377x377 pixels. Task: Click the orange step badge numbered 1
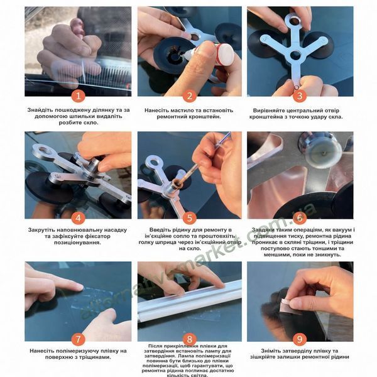click(78, 96)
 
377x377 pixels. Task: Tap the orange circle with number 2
click(190, 96)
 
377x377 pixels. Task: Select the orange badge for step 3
click(300, 96)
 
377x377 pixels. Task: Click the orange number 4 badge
click(78, 218)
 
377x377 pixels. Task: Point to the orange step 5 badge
click(190, 218)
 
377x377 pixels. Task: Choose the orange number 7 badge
click(78, 339)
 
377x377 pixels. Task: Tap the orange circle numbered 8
click(190, 339)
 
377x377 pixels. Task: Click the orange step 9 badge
click(300, 339)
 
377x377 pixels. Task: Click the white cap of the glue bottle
click(226, 54)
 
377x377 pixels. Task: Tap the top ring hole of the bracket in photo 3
click(294, 21)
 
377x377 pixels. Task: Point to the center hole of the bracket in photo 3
click(295, 55)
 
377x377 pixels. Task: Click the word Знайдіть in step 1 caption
click(40, 110)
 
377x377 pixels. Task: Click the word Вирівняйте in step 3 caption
click(268, 111)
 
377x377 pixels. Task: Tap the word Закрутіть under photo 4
click(41, 230)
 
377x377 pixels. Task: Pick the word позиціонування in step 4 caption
click(77, 243)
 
